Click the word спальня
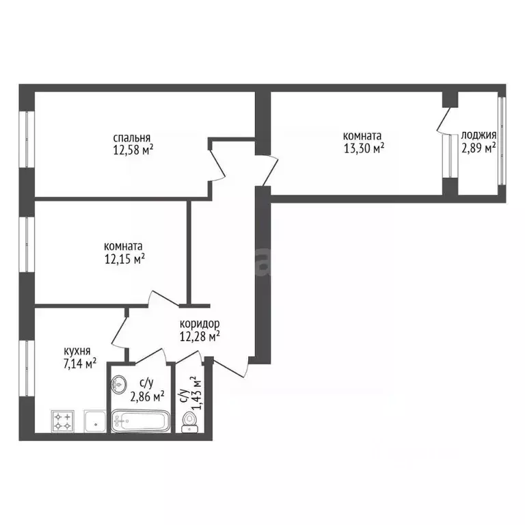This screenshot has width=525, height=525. coord(131,138)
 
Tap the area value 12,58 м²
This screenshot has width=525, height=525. coord(133,150)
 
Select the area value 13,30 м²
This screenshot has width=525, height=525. coord(364,148)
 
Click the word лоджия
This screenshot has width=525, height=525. coord(479,135)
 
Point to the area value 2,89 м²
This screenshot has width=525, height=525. coord(479,148)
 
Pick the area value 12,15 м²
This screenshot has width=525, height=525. coord(124,259)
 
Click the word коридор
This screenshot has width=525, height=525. coord(200,324)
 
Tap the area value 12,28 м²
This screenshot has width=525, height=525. coord(200,336)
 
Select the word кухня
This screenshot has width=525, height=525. coord(77,351)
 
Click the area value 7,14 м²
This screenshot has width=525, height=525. coord(81,363)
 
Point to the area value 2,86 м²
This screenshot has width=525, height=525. coord(147,397)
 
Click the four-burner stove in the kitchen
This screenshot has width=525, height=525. coord(63,421)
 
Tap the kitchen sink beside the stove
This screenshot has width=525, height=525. coord(95,421)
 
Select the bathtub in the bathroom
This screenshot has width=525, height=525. coord(141,421)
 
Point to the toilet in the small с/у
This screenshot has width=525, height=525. coord(190,423)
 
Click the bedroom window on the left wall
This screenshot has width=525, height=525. coord(27,139)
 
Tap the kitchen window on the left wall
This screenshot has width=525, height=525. coord(27,368)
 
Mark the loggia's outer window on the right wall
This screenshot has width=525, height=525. coord(502,141)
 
